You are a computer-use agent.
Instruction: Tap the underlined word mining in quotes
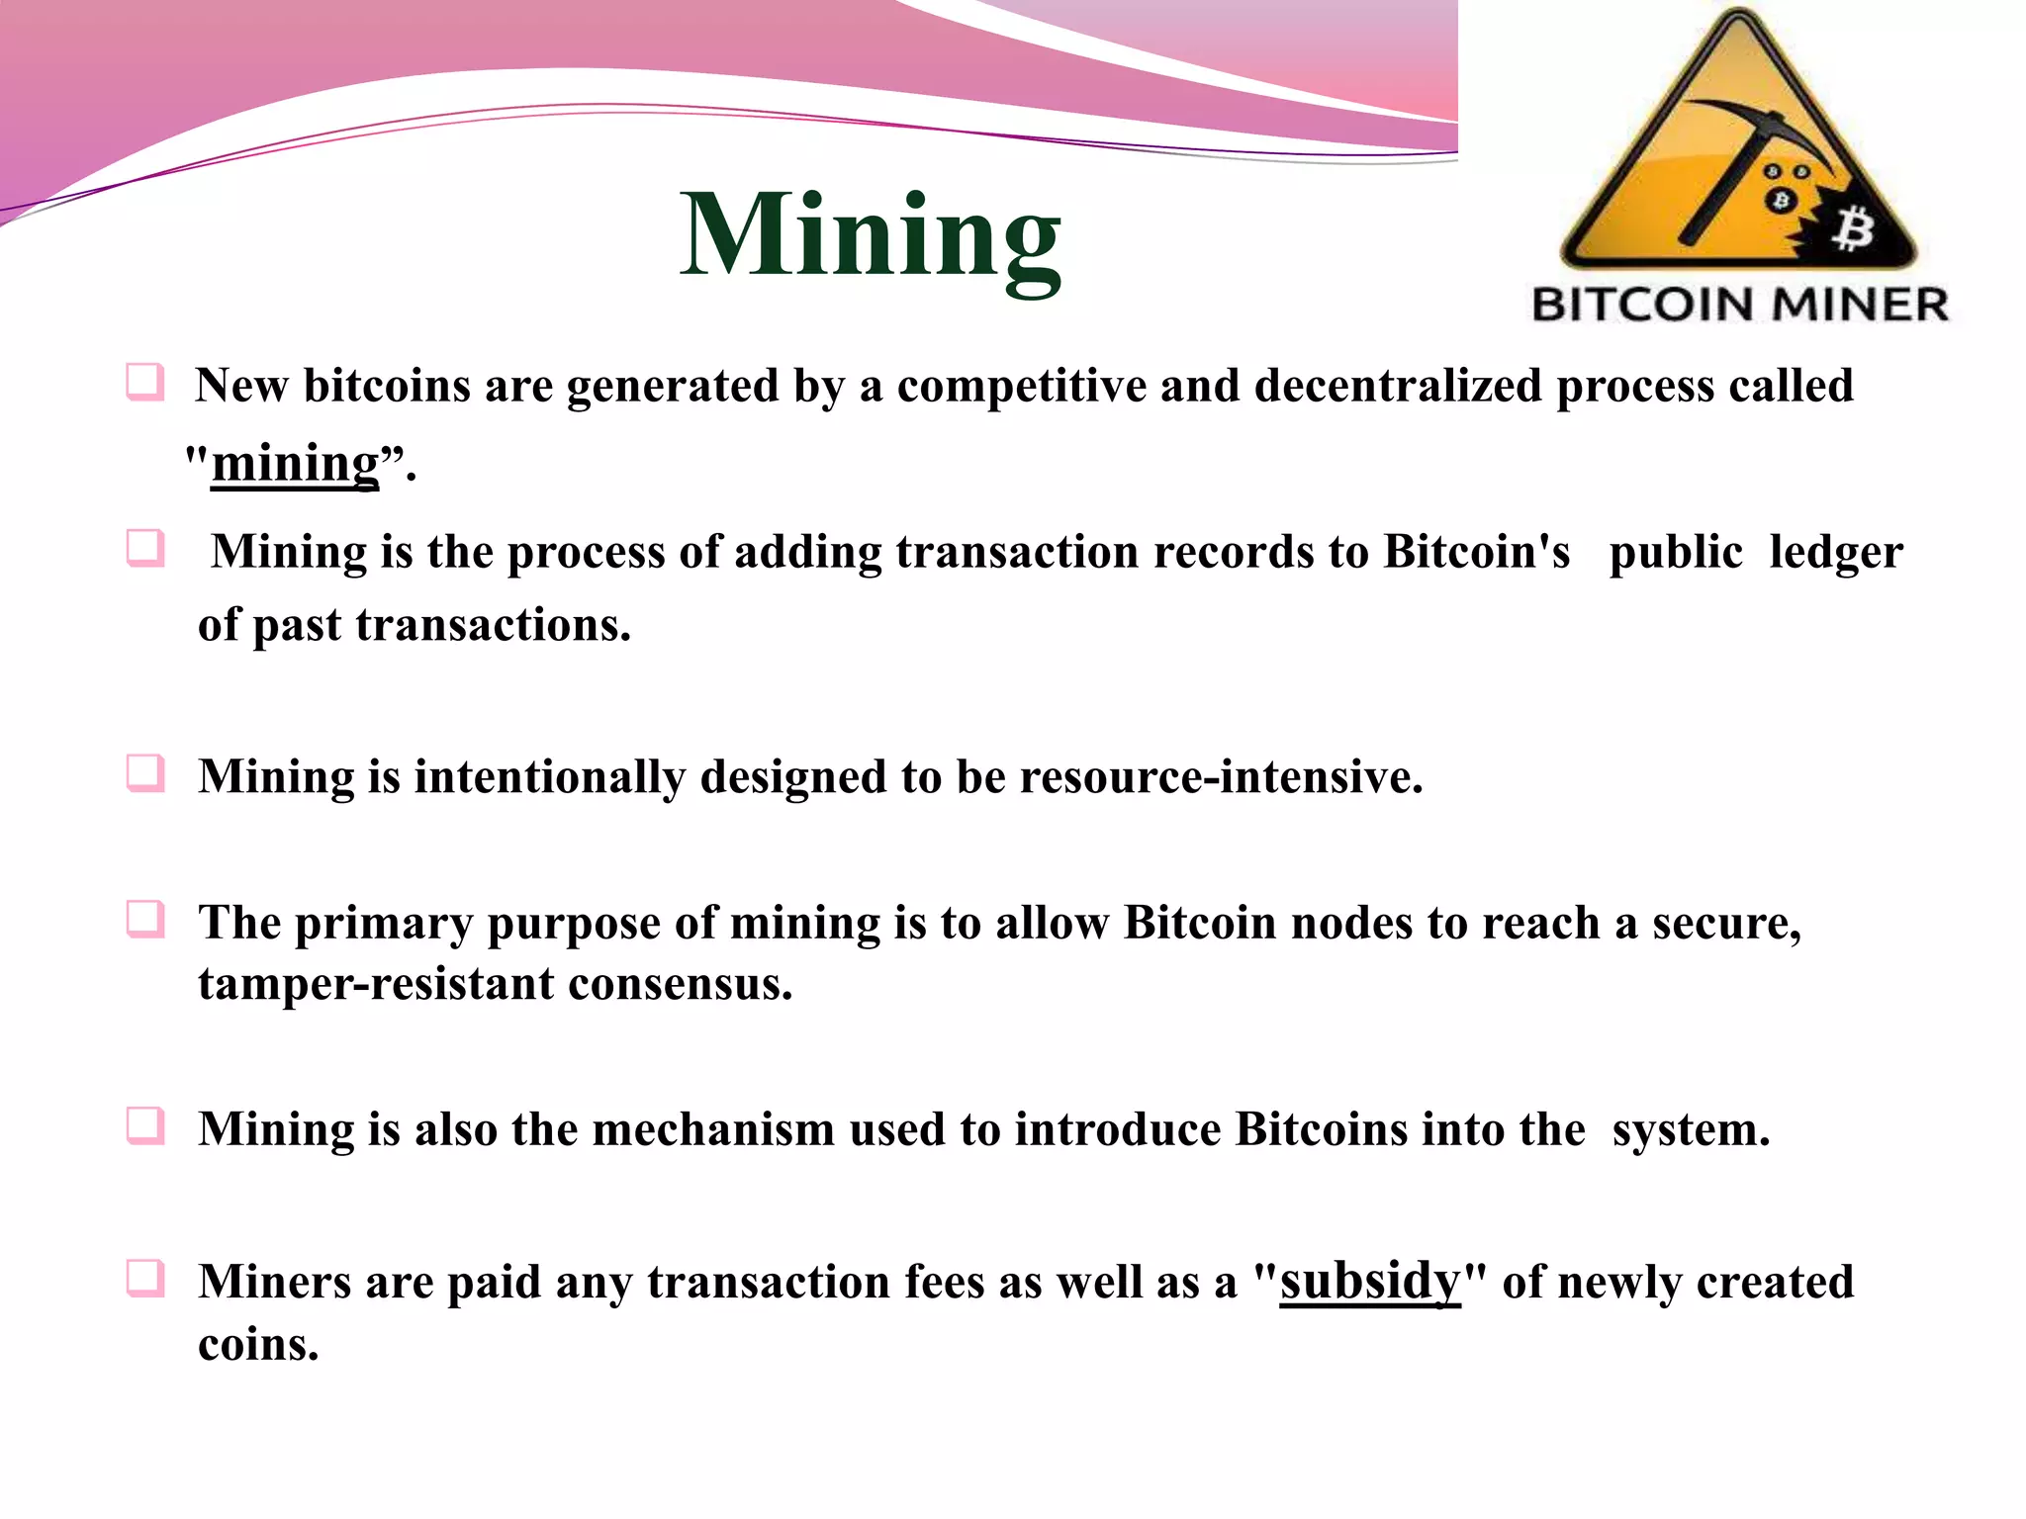click(x=295, y=463)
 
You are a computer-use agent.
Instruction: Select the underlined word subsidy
click(x=1370, y=1282)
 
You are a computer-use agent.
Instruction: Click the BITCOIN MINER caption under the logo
click(x=1740, y=305)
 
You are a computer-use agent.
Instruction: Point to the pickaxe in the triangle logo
click(x=1741, y=163)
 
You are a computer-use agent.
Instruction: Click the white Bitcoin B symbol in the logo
click(x=1852, y=230)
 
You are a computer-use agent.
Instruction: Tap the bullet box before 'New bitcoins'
click(x=145, y=382)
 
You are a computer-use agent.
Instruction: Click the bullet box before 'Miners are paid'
click(x=145, y=1278)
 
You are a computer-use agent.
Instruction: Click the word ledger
click(x=1835, y=552)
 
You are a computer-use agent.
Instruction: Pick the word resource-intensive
click(x=1221, y=777)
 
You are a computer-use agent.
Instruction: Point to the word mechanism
click(x=713, y=1129)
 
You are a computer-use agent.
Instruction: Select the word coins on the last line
click(x=258, y=1345)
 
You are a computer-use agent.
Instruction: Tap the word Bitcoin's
click(x=1476, y=552)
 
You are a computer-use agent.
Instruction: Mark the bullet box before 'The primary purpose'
click(x=145, y=920)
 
